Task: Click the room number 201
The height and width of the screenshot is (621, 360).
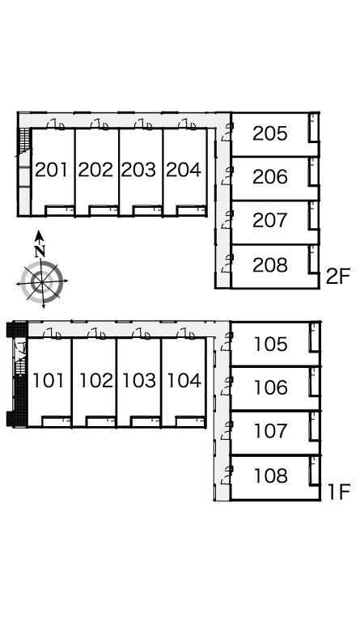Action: point(52,170)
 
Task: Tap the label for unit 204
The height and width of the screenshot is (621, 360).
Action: point(184,170)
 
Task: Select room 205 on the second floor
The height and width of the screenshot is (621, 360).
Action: point(269,133)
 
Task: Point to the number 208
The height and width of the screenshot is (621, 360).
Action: point(269,264)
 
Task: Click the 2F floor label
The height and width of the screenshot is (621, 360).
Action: point(338,277)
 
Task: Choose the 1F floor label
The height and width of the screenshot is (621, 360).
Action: point(339,492)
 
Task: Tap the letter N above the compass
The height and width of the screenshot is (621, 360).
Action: point(39,251)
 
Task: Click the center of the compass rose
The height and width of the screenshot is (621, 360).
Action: point(41,281)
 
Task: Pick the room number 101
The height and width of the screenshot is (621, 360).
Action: point(48,381)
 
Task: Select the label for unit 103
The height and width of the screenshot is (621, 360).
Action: point(139,381)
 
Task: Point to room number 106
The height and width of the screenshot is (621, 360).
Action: point(271,387)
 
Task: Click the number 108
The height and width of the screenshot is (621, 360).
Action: point(271,475)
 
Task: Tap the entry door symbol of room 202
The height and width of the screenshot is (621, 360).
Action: point(99,124)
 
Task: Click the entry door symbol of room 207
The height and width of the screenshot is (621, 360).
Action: point(227,220)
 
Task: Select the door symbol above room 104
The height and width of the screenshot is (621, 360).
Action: point(185,334)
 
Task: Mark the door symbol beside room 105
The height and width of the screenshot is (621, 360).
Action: point(227,341)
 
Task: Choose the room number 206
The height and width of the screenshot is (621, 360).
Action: point(269,176)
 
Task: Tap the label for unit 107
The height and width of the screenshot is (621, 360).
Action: point(271,431)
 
